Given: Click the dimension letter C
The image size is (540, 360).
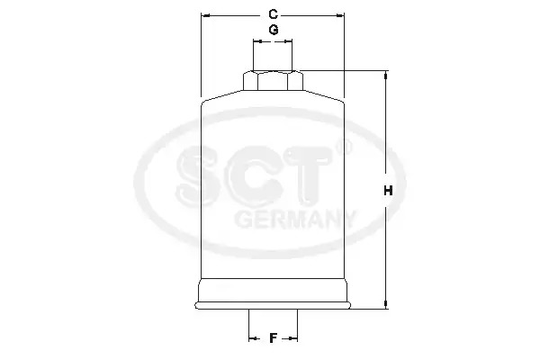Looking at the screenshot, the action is click(x=273, y=14).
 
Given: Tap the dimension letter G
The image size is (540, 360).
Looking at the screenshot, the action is click(x=274, y=30).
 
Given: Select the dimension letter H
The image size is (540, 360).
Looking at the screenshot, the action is click(x=388, y=191).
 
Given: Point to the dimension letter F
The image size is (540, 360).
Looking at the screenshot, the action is click(x=273, y=338).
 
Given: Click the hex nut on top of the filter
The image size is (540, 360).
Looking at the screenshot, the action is click(x=273, y=81).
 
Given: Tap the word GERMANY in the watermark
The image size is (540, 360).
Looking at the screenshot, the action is click(x=294, y=220).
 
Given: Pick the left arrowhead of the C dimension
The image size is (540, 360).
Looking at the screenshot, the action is click(x=205, y=15).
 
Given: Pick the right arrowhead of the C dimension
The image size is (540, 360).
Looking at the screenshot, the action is click(x=340, y=15).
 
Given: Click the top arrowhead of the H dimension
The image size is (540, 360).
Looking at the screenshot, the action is click(x=386, y=75).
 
